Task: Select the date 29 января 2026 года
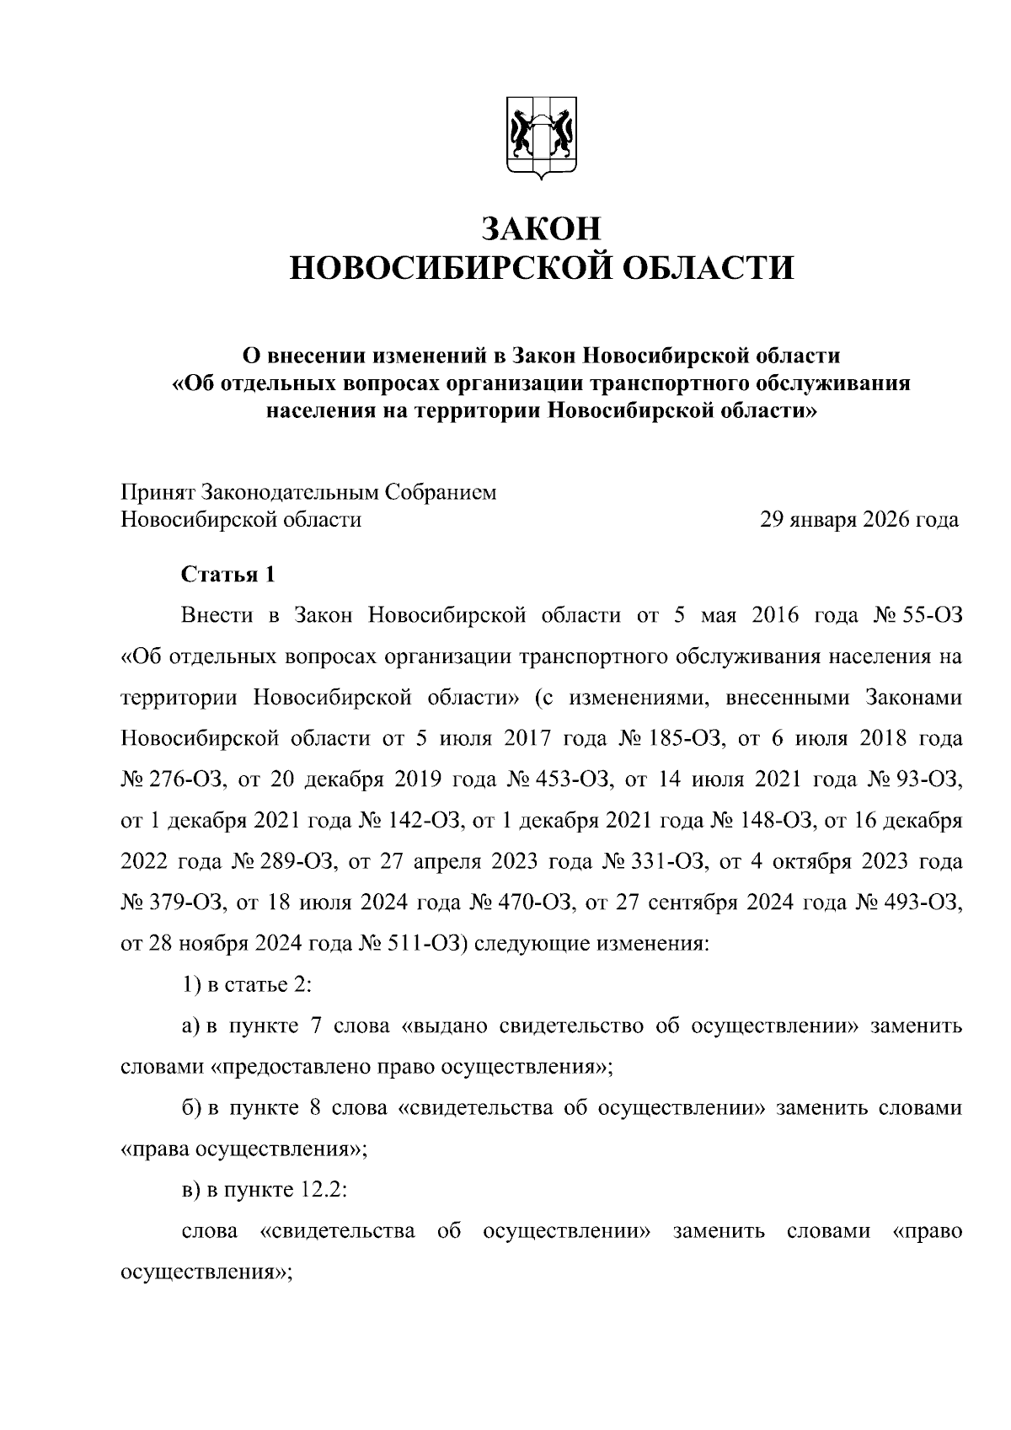[859, 520]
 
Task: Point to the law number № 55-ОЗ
[913, 615]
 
